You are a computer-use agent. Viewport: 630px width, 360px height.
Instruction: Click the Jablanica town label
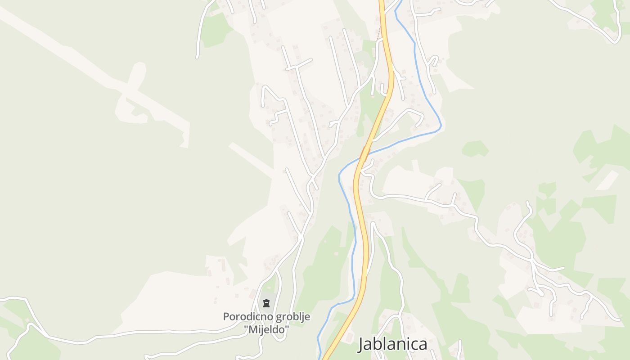(393, 344)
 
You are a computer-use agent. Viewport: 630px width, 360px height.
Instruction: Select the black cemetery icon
(266, 303)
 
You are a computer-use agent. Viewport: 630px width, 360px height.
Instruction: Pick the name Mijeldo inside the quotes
(267, 330)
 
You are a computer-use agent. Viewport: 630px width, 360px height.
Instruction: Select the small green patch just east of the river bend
(475, 148)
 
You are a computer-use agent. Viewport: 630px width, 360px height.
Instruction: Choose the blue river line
(351, 216)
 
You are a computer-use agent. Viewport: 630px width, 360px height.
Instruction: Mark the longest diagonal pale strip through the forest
(90, 67)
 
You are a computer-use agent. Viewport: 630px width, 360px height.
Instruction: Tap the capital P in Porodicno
(226, 317)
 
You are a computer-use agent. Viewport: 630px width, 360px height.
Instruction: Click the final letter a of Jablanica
(423, 345)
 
